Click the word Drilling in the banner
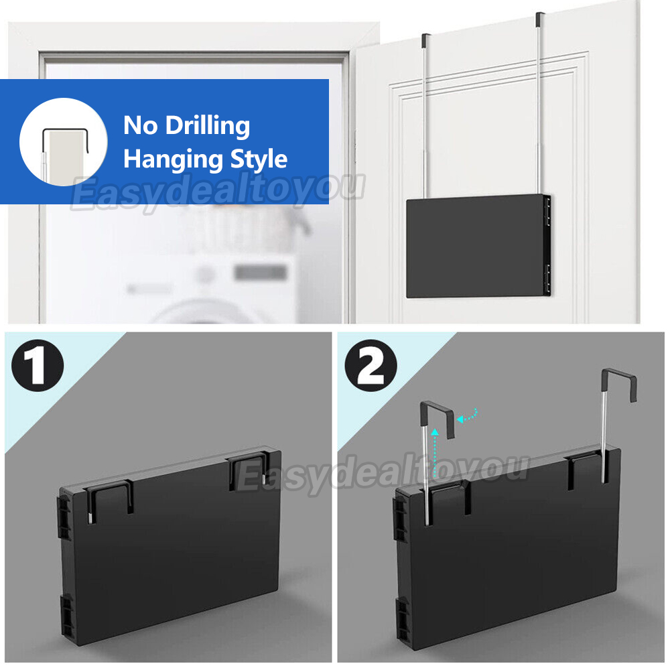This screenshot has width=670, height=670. tap(208, 125)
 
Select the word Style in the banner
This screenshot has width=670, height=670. tap(259, 159)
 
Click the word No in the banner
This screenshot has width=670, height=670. tap(141, 125)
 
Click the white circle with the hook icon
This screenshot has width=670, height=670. tap(63, 142)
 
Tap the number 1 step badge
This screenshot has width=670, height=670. tap(38, 365)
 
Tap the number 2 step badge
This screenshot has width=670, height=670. tap(371, 365)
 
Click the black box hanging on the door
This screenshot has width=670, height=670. tap(478, 246)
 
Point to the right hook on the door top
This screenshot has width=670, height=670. tap(539, 19)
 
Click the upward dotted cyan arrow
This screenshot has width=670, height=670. tap(435, 453)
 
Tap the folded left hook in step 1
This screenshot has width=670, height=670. tap(110, 500)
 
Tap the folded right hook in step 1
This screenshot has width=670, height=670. tap(248, 470)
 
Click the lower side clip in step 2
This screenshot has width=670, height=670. tap(401, 622)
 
